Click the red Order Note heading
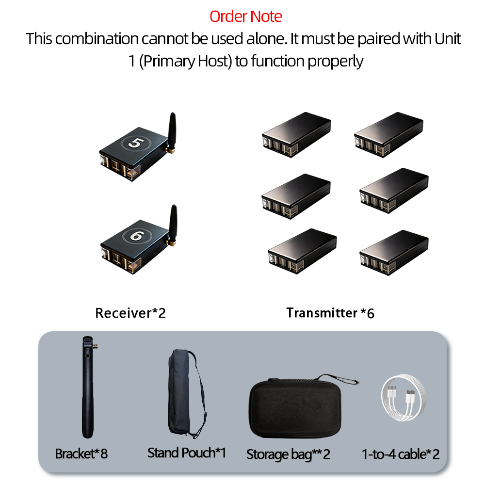tap(245, 16)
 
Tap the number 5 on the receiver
tap(136, 143)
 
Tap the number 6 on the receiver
tap(137, 236)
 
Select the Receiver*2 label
tap(130, 313)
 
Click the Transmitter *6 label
tap(330, 313)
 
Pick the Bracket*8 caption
tap(81, 454)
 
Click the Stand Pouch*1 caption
tap(187, 453)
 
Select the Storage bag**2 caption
tap(288, 454)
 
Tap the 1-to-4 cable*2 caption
tap(401, 454)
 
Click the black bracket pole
tap(88, 387)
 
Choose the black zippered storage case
tap(295, 408)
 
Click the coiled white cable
tap(404, 398)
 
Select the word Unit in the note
tap(448, 39)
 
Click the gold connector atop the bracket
tap(96, 346)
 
